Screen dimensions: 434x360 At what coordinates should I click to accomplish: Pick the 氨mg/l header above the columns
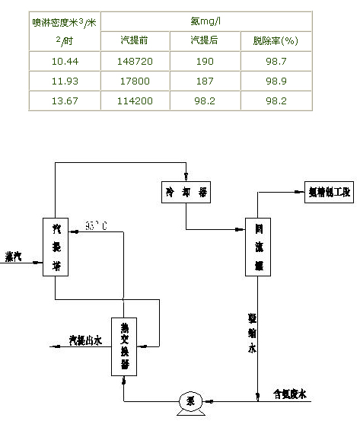[205, 21]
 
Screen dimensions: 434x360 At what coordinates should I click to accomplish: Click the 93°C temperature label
[96, 226]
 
